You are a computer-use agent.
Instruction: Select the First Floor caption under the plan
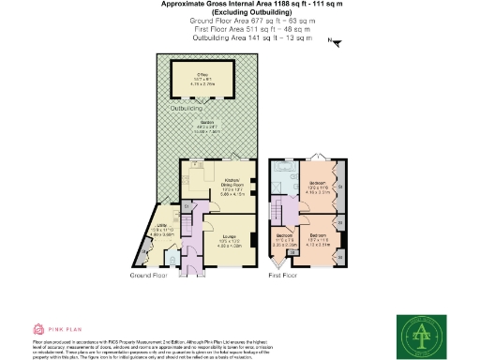click(x=282, y=277)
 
